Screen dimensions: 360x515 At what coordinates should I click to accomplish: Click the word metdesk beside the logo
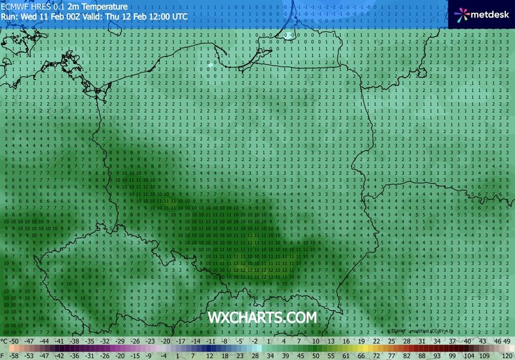click(490, 14)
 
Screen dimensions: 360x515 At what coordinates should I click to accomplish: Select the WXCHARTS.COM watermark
click(262, 317)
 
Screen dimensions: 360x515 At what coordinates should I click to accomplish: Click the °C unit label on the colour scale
click(5, 341)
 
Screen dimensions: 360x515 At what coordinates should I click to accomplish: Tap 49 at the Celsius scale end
click(507, 341)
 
